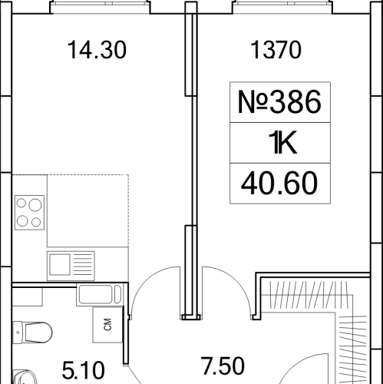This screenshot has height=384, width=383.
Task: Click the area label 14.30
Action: pyautogui.click(x=96, y=51)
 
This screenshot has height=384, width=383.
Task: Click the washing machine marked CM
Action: pyautogui.click(x=104, y=324)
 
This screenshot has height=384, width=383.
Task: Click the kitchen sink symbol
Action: pyautogui.click(x=70, y=263)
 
